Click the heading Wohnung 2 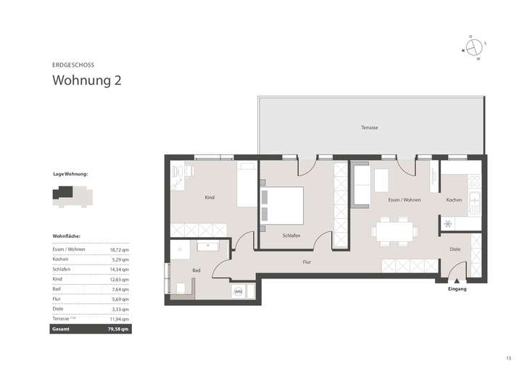coord(86,80)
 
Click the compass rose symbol coord(473,47)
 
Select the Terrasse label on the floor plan coord(370,128)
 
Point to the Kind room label coord(210,197)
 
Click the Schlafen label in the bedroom coord(291,235)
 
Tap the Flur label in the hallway coord(307,261)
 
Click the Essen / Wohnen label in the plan coord(404,199)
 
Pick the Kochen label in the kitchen coord(454,199)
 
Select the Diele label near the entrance coord(455,249)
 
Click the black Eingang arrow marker coord(457,279)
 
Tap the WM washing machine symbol coord(238,291)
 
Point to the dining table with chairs coord(395,231)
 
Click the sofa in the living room coord(360,186)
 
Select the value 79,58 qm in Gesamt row coord(118,328)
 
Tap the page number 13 coord(508,357)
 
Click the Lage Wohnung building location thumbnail coord(70,196)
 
